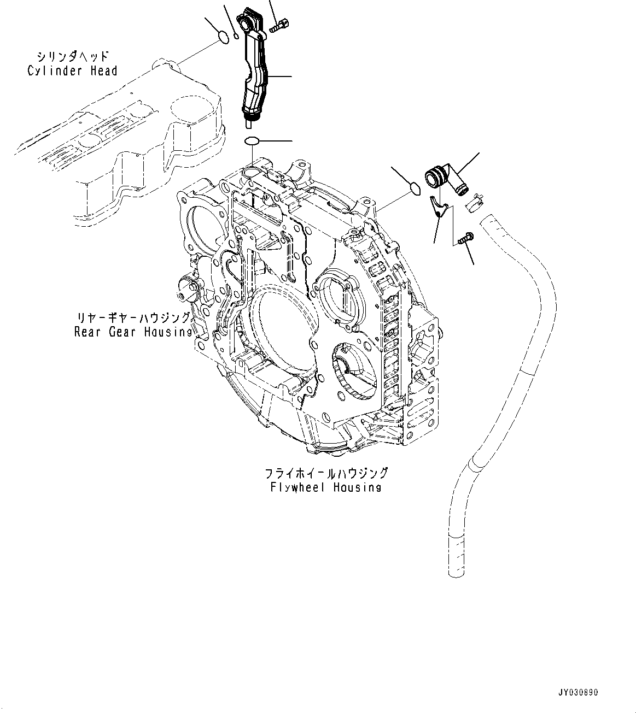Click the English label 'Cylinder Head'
(72, 71)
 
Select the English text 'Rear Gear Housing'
(133, 332)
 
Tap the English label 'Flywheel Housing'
(325, 487)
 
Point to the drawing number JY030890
(579, 692)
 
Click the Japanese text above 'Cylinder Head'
(73, 56)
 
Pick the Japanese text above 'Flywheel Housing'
(326, 473)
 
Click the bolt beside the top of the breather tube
(281, 24)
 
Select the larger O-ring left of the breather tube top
(223, 37)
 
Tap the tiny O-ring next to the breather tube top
(236, 37)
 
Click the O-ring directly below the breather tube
(252, 142)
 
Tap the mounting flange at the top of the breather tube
(251, 20)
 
